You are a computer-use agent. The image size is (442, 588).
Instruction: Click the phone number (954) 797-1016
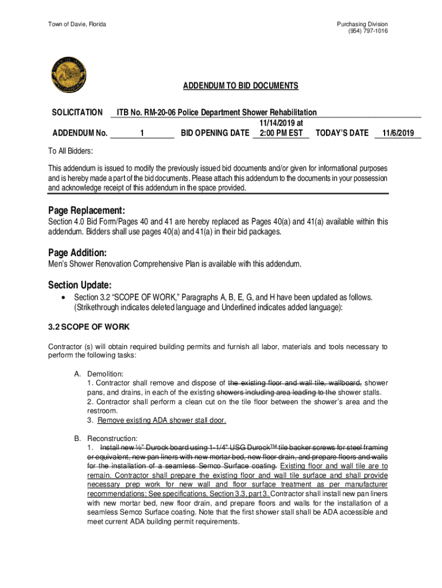coord(367,31)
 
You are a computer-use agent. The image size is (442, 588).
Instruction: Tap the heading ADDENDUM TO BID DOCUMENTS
coord(241,86)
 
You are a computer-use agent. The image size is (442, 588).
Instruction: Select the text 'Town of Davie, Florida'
coord(77,24)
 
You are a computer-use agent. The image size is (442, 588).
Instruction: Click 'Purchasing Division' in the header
coord(362,24)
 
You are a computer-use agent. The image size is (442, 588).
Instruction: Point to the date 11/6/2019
coord(398,133)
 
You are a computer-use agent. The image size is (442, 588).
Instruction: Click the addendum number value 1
coord(141,133)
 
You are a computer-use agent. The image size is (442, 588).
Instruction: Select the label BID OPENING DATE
coord(215,133)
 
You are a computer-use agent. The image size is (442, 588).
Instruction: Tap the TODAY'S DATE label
coord(342,133)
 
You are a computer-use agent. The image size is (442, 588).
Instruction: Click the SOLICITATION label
coord(77,113)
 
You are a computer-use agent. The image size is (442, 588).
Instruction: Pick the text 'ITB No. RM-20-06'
coord(146,113)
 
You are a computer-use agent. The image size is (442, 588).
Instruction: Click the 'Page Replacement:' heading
coord(87,210)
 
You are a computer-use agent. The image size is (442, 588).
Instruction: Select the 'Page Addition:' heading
coord(77,253)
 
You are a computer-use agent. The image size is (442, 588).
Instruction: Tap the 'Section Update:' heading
coord(80,285)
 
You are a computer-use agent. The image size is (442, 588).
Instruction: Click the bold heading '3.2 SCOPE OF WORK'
coord(88,327)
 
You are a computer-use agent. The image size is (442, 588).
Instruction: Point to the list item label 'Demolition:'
coord(105,374)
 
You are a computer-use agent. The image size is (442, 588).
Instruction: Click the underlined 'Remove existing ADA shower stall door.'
coord(162,420)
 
